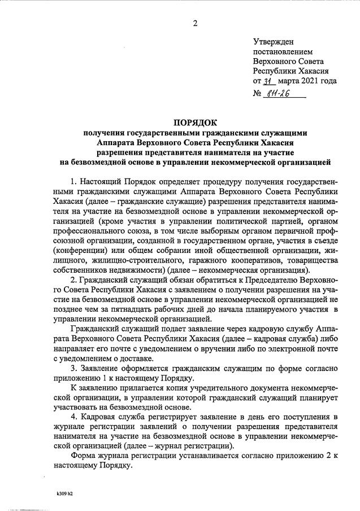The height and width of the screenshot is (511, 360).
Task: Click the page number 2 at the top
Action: [195, 23]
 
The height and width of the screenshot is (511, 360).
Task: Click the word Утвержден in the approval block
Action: [272, 42]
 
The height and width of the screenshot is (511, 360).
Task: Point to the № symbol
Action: [258, 94]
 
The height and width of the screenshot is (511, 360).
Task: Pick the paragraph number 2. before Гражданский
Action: [74, 280]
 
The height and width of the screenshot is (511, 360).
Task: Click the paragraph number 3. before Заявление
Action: [74, 368]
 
